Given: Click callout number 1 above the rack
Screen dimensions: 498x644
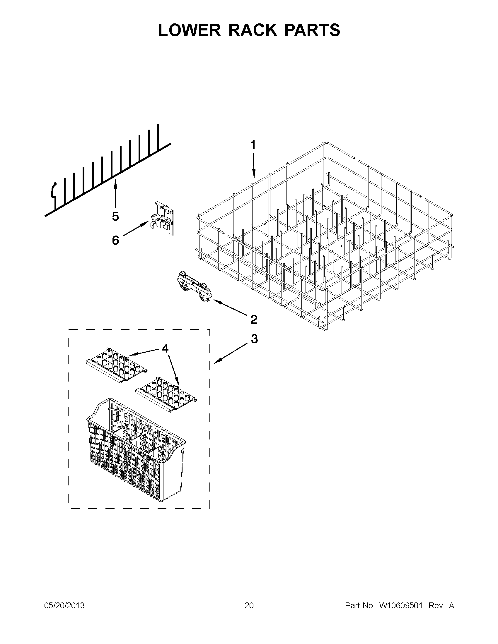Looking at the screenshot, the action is tap(253, 145).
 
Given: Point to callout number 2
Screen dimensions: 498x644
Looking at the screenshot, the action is tap(254, 319).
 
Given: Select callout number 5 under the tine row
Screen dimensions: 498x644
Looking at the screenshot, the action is tap(115, 217).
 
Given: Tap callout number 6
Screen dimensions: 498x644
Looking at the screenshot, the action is tap(115, 240).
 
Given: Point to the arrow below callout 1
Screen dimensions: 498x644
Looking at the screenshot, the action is tap(254, 165).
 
